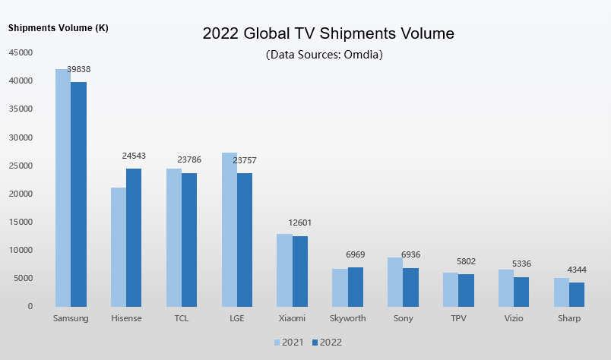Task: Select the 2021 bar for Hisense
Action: click(119, 247)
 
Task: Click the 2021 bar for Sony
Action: click(395, 282)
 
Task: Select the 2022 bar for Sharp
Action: click(577, 294)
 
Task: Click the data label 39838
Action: click(78, 69)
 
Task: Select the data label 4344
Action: click(576, 270)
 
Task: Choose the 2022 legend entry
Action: click(325, 343)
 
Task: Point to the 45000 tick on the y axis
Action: click(21, 52)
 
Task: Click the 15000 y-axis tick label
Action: click(21, 222)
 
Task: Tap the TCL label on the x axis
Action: click(181, 318)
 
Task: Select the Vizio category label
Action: click(513, 318)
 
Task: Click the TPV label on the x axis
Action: click(457, 318)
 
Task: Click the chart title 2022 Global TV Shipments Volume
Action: click(328, 34)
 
